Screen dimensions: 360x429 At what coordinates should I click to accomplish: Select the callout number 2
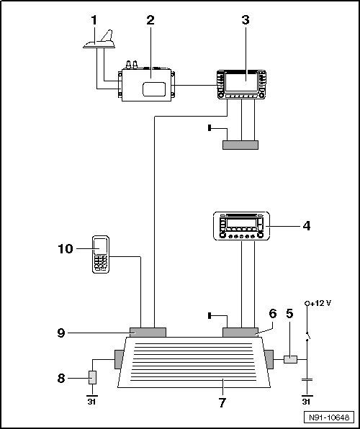tap(150, 20)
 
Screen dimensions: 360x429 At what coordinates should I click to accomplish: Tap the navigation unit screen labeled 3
tap(241, 82)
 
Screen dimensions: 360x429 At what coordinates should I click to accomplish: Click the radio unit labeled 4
tap(241, 226)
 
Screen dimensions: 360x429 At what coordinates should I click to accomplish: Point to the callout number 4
tap(306, 226)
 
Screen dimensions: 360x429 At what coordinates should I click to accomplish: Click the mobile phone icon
tap(101, 254)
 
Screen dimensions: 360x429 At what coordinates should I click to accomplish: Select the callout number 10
tap(66, 249)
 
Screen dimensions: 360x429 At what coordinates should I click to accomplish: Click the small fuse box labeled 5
tap(290, 359)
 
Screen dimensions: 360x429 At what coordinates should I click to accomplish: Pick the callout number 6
tap(273, 314)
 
